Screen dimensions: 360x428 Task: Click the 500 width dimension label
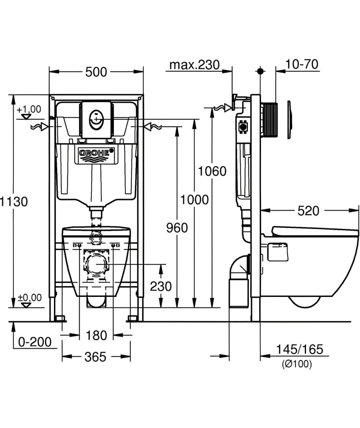pos(96,72)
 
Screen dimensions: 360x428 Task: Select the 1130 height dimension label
pos(13,202)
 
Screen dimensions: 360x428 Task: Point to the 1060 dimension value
pos(212,171)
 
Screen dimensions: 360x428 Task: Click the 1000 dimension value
pos(194,200)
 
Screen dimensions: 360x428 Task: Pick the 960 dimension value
pos(177,228)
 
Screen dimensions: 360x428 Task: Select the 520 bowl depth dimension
pos(308,211)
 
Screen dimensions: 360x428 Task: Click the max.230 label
pos(194,65)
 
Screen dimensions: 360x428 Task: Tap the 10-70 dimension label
pos(301,64)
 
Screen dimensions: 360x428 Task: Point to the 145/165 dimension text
pos(299,350)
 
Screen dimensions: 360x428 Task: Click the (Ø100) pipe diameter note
pos(297,364)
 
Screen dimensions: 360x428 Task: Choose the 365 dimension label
pos(95,357)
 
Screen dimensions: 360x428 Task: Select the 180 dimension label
pos(96,335)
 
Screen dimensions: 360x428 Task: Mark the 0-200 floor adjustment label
pos(35,342)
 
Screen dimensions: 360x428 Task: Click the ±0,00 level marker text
pos(30,297)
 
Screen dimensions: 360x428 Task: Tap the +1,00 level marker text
pos(29,109)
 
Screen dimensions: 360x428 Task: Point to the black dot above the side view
pos(261,71)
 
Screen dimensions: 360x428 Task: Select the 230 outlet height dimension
pos(161,287)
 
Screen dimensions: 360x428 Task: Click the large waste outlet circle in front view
pos(96,264)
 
